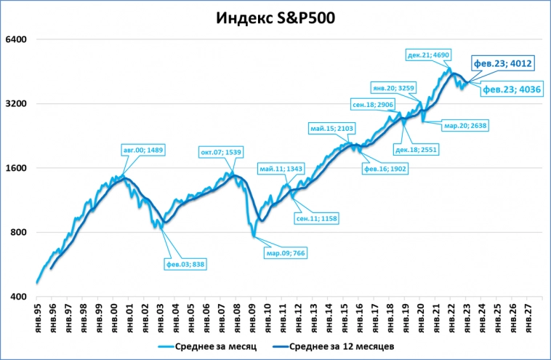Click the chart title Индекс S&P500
point(275,18)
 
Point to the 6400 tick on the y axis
point(16,39)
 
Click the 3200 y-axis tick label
point(16,104)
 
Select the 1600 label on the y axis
point(16,168)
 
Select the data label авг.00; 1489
point(145,150)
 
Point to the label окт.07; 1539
point(221,152)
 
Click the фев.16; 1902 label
point(385,168)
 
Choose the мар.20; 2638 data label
point(465,125)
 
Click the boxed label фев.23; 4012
point(504,64)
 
